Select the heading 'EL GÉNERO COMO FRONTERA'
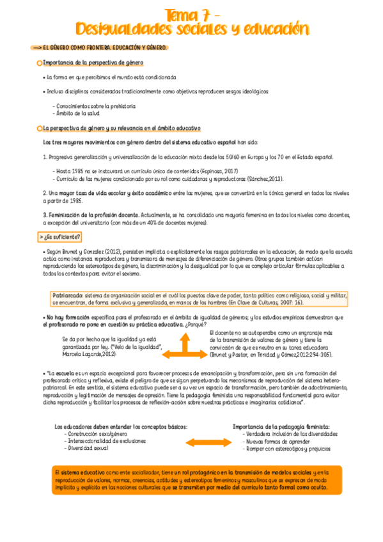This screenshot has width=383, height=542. click(76, 48)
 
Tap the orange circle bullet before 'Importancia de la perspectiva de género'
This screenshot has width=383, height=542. click(39, 63)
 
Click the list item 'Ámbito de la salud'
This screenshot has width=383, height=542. click(76, 113)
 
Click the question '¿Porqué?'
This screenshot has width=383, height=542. click(194, 324)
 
